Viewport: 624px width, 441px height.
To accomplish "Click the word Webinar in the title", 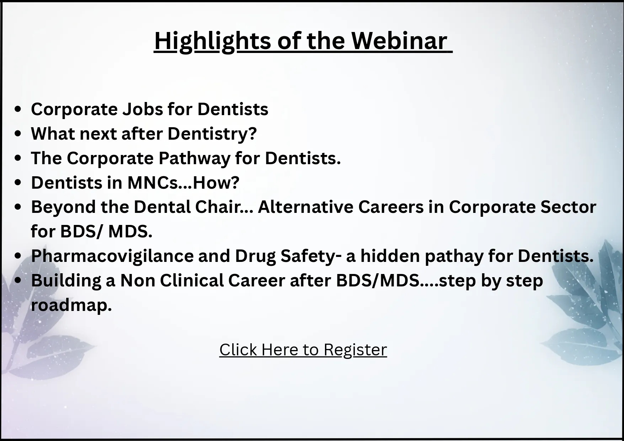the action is tap(399, 41).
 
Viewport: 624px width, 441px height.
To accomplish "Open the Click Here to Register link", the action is tap(303, 350).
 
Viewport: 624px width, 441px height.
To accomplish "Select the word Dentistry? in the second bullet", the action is tap(212, 134).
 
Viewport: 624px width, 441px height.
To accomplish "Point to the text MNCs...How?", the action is tap(183, 183).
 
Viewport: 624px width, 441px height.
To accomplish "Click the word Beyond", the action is tap(63, 207).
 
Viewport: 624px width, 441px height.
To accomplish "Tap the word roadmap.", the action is tap(71, 305).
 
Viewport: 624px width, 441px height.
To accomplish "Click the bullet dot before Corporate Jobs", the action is tap(18, 110).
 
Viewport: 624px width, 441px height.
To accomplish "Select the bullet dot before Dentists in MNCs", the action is tap(18, 183).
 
